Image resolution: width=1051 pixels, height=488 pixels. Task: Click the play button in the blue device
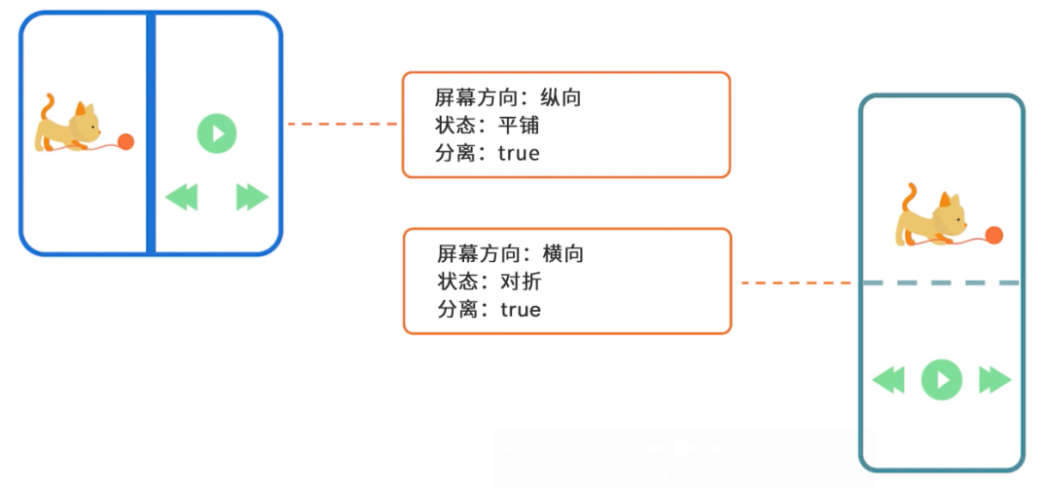click(217, 133)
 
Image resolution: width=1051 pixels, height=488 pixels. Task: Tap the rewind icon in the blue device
click(181, 198)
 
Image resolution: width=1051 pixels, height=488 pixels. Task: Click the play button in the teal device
click(942, 379)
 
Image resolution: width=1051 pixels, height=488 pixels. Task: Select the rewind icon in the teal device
click(888, 379)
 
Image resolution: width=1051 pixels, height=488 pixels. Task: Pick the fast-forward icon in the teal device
click(995, 379)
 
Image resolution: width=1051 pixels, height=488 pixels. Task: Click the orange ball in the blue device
click(126, 142)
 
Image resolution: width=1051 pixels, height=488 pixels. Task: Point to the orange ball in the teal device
click(994, 235)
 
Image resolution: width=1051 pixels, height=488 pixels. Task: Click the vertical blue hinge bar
click(151, 133)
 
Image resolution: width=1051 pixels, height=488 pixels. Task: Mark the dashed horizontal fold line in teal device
click(941, 282)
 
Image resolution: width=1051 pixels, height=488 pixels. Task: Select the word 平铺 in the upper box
click(518, 126)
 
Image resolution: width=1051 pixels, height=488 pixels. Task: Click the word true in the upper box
click(519, 153)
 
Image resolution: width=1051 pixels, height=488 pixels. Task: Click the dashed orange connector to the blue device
click(343, 125)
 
